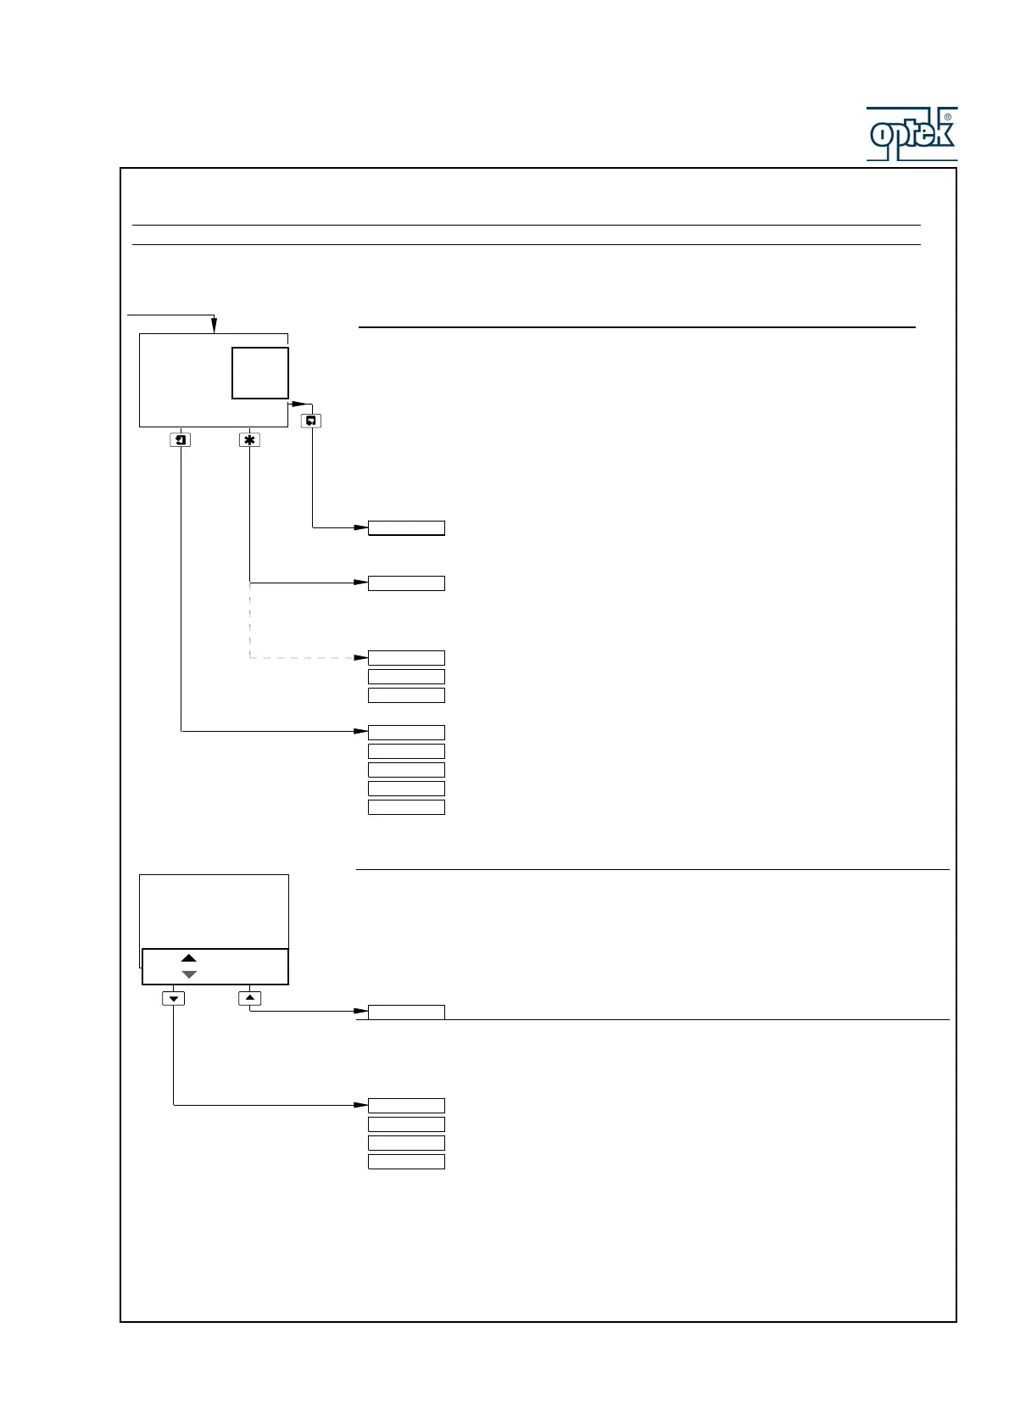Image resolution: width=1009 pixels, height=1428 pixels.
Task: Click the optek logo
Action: point(911,134)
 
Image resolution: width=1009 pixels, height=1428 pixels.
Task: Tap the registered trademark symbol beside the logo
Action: point(947,118)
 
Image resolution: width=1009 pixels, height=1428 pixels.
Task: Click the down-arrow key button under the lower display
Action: point(174,998)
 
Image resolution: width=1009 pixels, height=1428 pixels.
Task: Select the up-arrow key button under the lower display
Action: point(250,998)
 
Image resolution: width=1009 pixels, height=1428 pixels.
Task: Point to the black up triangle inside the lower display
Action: point(189,958)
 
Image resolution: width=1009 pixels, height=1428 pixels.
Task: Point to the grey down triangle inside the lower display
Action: point(189,975)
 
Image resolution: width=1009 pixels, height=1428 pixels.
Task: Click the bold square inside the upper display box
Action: point(260,373)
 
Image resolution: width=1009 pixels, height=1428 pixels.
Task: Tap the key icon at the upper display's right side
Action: point(311,421)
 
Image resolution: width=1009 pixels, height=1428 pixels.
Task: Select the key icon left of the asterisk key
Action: point(181,440)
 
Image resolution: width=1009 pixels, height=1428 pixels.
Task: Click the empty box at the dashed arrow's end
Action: point(406,658)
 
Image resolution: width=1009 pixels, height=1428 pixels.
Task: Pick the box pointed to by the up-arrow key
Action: point(406,1012)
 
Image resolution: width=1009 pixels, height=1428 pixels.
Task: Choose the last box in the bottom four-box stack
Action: point(406,1162)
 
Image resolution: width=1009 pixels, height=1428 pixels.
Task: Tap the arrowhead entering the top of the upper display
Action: point(215,326)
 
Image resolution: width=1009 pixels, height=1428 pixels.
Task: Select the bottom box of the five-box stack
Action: point(406,807)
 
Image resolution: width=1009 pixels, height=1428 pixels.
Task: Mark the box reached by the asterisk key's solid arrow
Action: point(406,583)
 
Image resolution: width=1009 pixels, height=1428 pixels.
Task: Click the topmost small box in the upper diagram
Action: point(406,528)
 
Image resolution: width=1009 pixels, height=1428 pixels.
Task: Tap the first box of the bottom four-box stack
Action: point(406,1106)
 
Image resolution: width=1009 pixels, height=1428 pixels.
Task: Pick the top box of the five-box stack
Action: point(406,733)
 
